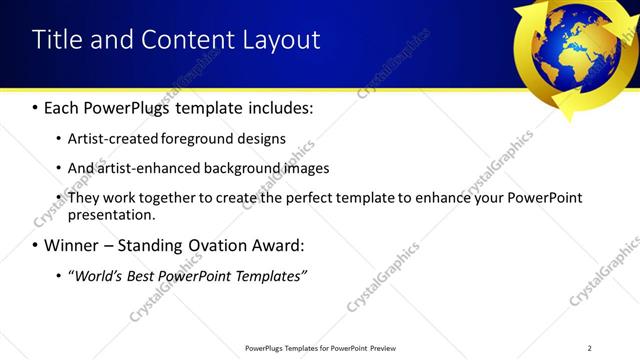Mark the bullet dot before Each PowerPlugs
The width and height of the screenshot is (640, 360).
35,106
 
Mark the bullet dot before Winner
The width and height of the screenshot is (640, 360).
35,245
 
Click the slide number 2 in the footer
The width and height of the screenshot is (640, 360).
589,347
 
